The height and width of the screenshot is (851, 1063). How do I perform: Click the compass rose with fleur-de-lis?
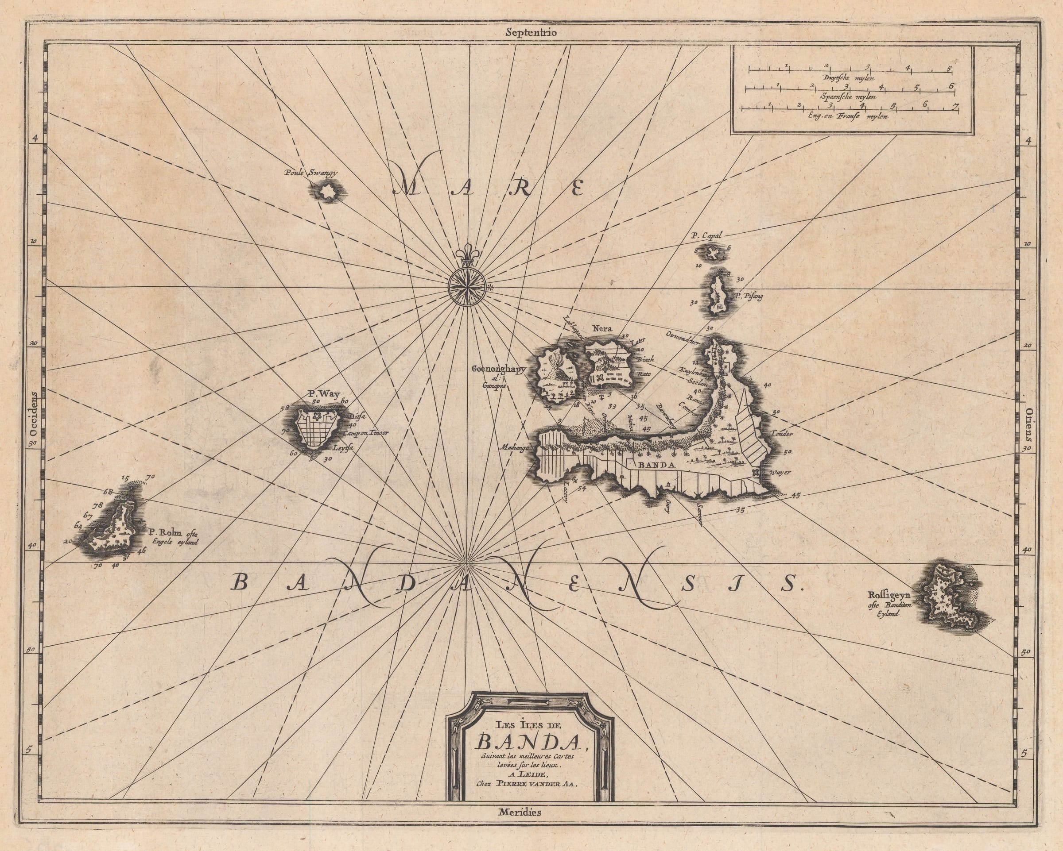pyautogui.click(x=467, y=286)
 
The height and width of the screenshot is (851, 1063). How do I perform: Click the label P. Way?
pyautogui.click(x=318, y=394)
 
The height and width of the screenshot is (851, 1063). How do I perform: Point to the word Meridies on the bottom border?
pyautogui.click(x=519, y=812)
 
